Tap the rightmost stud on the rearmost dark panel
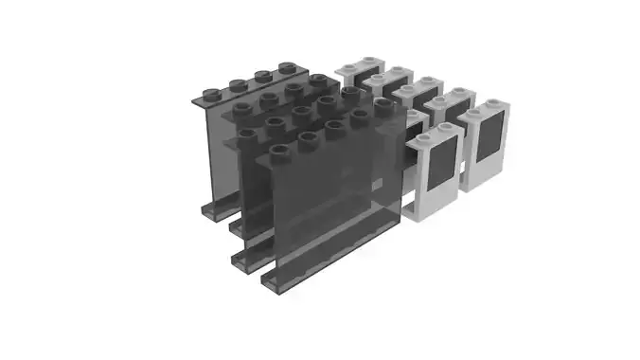[285, 68]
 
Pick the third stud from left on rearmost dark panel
[263, 76]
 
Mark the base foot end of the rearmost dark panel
[208, 212]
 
